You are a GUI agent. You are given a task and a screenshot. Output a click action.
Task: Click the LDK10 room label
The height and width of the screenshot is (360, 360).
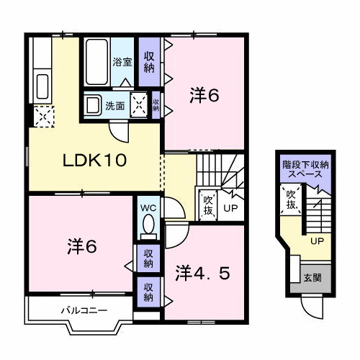point(94,161)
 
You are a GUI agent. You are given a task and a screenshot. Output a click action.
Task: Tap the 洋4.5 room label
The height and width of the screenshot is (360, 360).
point(202,274)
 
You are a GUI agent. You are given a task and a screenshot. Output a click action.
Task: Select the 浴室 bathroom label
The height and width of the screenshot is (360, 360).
point(122,62)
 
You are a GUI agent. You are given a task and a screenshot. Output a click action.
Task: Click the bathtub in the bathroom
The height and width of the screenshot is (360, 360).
point(96,62)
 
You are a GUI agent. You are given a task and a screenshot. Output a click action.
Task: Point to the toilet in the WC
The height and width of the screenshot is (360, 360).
point(148,226)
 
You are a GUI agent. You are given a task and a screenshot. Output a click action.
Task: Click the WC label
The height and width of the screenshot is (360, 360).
point(148,208)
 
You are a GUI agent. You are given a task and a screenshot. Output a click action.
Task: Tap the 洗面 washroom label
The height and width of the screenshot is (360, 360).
point(115,106)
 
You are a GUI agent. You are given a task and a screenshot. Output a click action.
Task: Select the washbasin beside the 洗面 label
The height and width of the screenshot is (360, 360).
point(94,105)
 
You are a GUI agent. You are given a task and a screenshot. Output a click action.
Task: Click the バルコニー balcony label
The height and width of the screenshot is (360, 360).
point(84,311)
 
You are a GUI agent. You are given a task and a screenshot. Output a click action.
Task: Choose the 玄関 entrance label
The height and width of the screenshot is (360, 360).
point(312,278)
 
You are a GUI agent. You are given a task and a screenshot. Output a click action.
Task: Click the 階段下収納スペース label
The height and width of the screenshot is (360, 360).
point(305,169)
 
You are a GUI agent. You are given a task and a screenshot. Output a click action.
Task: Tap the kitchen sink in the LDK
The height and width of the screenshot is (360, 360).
point(42,86)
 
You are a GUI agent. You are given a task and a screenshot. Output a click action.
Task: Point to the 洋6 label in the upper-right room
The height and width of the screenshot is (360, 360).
point(204,95)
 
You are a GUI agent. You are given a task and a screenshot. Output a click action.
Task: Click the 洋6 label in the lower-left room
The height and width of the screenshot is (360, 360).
point(82,246)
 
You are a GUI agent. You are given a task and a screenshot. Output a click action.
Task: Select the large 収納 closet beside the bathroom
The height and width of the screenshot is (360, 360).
point(149,62)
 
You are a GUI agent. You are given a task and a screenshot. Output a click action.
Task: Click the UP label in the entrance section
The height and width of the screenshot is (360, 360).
point(318,241)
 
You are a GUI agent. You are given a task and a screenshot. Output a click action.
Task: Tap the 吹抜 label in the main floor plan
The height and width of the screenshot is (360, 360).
point(208,205)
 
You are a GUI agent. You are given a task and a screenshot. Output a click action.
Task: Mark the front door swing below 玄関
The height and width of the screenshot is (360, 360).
point(312,307)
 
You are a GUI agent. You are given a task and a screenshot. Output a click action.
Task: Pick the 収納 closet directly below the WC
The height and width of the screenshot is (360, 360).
point(148,258)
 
